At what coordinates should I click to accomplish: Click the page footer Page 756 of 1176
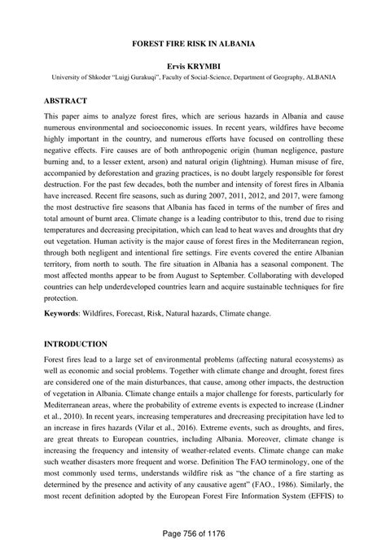tap(193, 532)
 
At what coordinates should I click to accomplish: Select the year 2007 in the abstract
tap(207, 198)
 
